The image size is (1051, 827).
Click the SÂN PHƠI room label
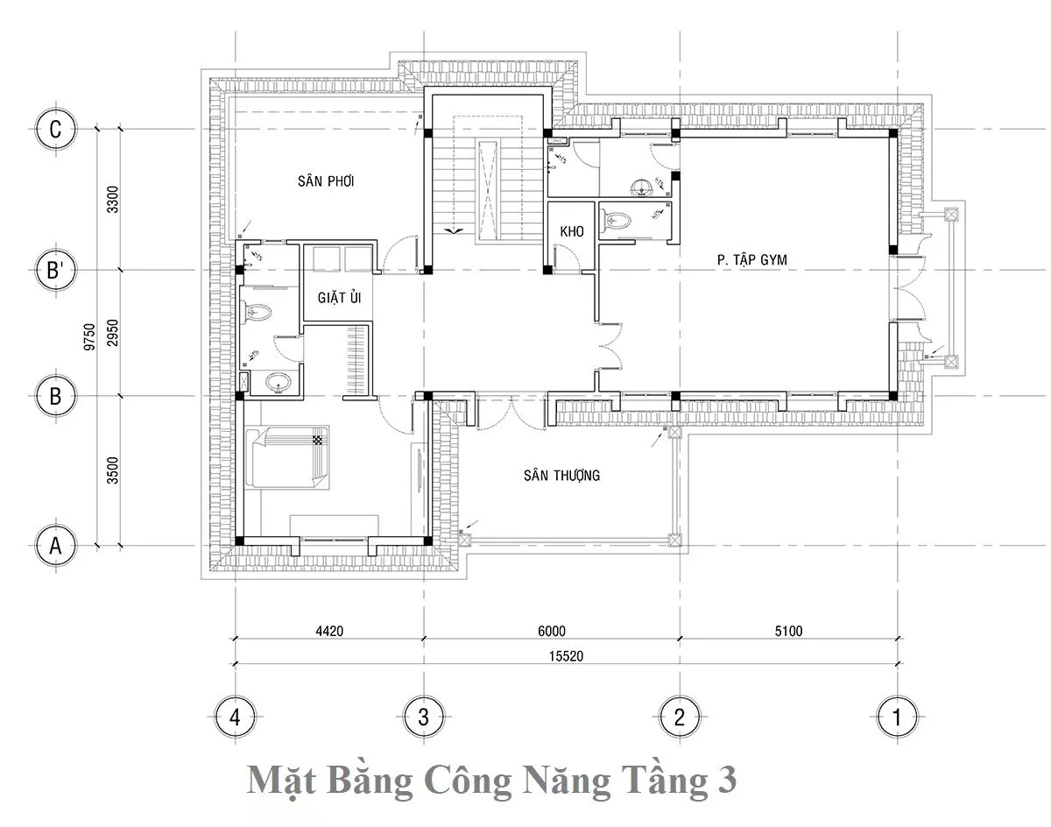coord(326,181)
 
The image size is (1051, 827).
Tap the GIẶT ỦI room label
coord(339,297)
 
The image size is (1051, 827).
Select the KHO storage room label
coord(571,231)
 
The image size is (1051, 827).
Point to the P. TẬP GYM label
coord(751,260)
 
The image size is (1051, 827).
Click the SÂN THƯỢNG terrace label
coord(561,476)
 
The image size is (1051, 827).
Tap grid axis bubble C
coord(56,130)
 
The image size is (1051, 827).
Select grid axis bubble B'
coord(56,270)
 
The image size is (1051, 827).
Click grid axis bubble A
coord(56,546)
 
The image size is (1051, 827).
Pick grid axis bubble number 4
coord(235,717)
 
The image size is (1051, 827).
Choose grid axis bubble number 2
coord(680,717)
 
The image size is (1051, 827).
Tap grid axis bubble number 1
coord(897,717)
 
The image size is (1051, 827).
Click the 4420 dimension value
coord(329,631)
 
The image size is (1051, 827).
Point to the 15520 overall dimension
coord(566,656)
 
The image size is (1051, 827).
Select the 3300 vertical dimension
coord(113,199)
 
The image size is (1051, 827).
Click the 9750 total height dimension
coord(89,336)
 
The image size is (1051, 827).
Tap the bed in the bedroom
coord(286,457)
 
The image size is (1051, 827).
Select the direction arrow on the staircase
coord(455,230)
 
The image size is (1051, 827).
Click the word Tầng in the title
coord(667,781)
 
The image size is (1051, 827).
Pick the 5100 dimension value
coord(789,631)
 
